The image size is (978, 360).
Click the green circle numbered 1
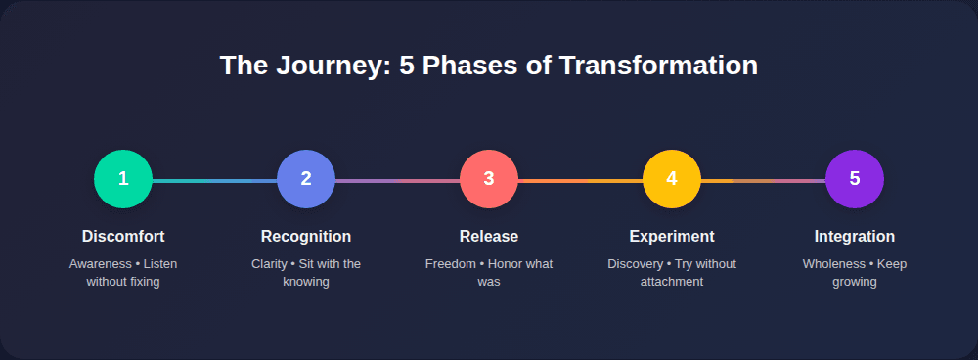pyautogui.click(x=123, y=179)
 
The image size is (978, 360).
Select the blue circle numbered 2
pyautogui.click(x=306, y=179)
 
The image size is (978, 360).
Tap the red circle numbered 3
pyautogui.click(x=489, y=179)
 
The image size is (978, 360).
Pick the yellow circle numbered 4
pyautogui.click(x=672, y=179)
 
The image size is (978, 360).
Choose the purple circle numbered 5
pyautogui.click(x=855, y=179)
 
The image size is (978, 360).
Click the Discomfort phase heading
pyautogui.click(x=123, y=237)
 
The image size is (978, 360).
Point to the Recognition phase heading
pyautogui.click(x=306, y=237)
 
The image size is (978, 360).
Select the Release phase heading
pyautogui.click(x=489, y=237)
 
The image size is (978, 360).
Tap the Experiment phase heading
pyautogui.click(x=672, y=237)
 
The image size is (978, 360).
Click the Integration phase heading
pyautogui.click(x=855, y=237)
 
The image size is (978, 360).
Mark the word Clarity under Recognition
pyautogui.click(x=269, y=264)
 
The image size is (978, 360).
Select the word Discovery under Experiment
pyautogui.click(x=636, y=264)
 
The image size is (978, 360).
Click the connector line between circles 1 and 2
pyautogui.click(x=214, y=181)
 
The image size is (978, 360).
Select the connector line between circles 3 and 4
pyautogui.click(x=580, y=181)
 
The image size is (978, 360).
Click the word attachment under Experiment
pyautogui.click(x=672, y=282)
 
